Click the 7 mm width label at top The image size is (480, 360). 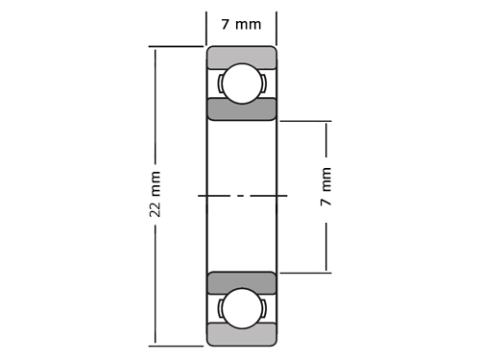point(242,24)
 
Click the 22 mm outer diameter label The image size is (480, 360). point(155,194)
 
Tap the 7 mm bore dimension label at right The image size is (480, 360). point(325,186)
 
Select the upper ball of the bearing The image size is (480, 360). point(242,84)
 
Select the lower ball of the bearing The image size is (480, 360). point(242,308)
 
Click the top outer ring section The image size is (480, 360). point(242,57)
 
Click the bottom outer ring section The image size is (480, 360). point(242,335)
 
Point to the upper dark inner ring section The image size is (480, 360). point(242,109)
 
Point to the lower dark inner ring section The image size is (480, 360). point(242,283)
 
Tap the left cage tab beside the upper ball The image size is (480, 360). point(220,84)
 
